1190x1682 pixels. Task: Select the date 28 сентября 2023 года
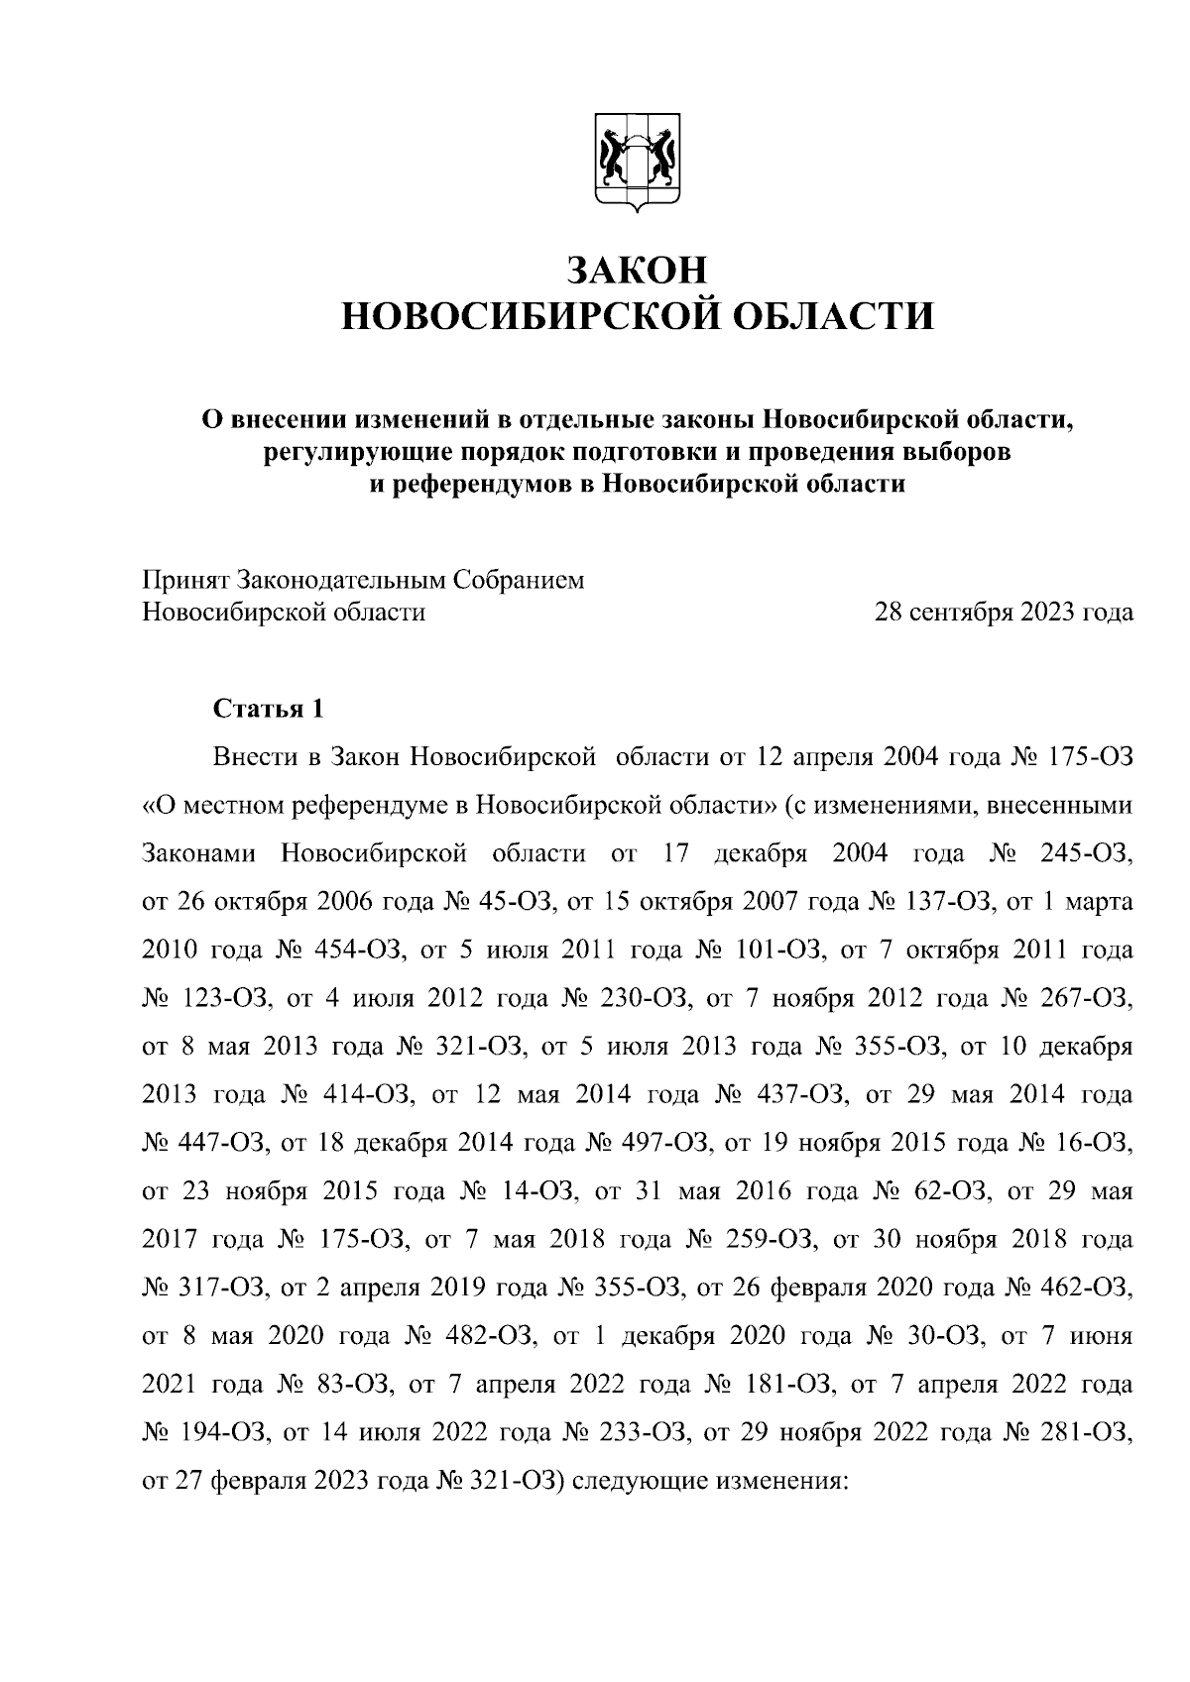click(x=1003, y=613)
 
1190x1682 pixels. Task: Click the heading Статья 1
click(x=268, y=709)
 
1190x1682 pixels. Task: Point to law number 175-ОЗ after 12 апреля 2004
click(x=1090, y=757)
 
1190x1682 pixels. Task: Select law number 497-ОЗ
click(x=661, y=1143)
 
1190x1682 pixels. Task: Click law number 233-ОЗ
click(x=615, y=1431)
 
